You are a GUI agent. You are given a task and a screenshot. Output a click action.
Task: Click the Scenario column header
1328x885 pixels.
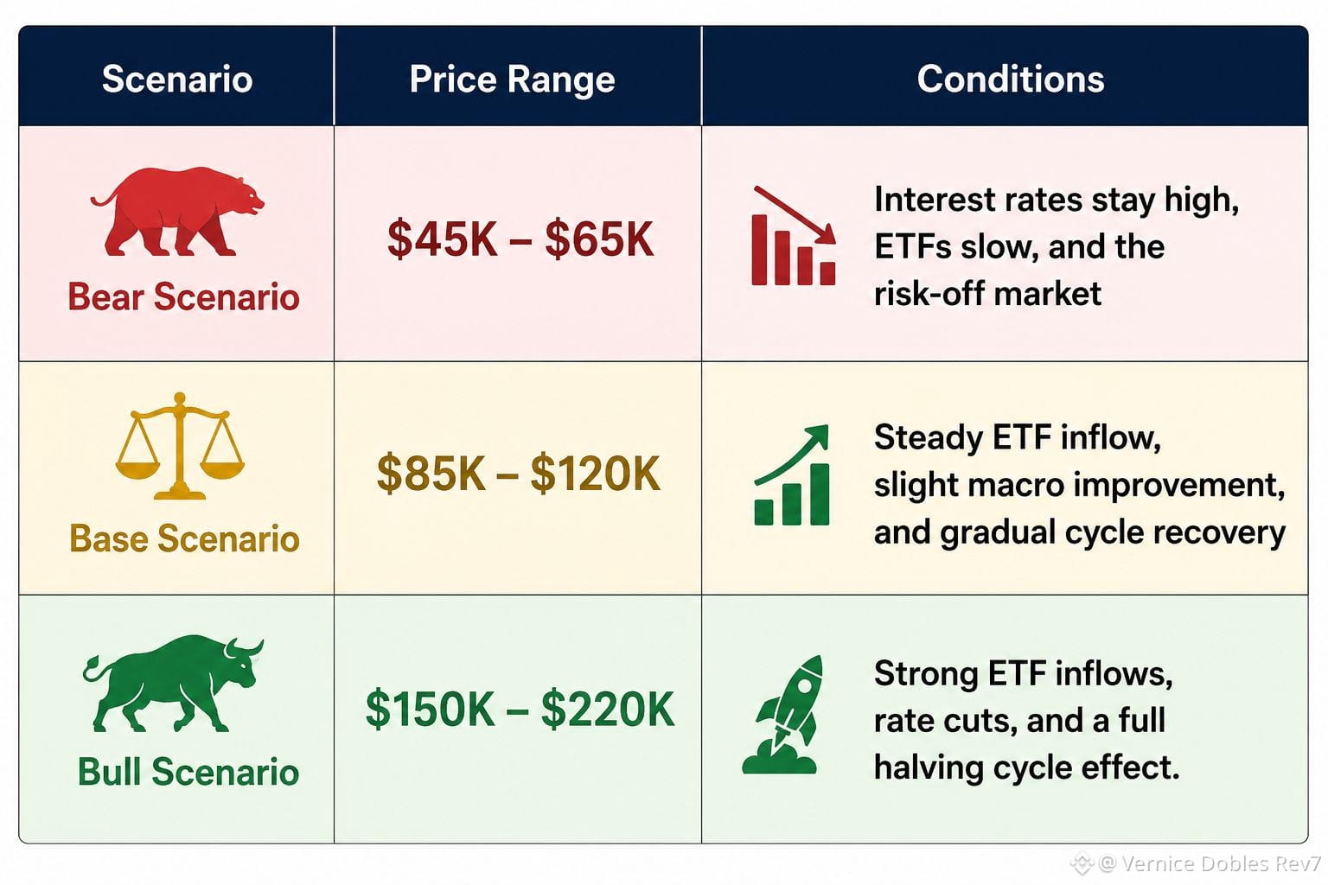click(x=177, y=79)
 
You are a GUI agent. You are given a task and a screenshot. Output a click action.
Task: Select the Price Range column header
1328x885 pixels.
click(x=512, y=80)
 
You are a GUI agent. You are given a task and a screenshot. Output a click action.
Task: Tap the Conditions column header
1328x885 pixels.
click(x=1011, y=79)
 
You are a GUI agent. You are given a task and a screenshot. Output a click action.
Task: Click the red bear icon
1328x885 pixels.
click(x=177, y=212)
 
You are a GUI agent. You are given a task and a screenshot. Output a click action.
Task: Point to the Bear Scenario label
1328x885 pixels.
click(x=184, y=296)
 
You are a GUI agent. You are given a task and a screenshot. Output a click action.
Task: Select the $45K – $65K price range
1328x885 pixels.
click(x=520, y=239)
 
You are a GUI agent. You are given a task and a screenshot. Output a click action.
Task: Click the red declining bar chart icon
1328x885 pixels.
click(x=794, y=236)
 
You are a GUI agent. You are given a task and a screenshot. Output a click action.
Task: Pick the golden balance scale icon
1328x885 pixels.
click(x=180, y=446)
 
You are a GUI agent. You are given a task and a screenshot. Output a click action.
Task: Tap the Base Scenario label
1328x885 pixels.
click(x=184, y=538)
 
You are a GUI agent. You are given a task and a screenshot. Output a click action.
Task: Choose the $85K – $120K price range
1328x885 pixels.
click(x=519, y=474)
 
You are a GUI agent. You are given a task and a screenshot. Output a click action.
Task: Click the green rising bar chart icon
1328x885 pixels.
click(x=792, y=475)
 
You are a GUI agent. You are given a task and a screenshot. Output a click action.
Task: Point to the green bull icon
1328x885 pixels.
click(x=173, y=684)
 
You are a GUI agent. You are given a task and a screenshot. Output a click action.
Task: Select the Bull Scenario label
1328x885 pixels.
click(x=188, y=772)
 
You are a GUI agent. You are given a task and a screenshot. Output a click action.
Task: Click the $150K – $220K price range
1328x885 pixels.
click(x=520, y=709)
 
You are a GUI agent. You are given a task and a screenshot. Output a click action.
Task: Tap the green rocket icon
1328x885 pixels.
click(x=782, y=714)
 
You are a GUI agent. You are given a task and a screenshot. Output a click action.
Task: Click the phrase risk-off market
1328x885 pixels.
click(x=987, y=294)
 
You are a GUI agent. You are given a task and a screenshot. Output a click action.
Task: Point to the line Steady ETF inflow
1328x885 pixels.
click(x=1018, y=438)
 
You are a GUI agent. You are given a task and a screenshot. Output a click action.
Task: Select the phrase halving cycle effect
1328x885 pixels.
click(x=1027, y=768)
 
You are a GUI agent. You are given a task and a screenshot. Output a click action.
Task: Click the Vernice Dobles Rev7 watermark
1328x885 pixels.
click(x=1197, y=863)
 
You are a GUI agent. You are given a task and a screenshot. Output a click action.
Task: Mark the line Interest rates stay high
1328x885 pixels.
click(x=1057, y=201)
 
